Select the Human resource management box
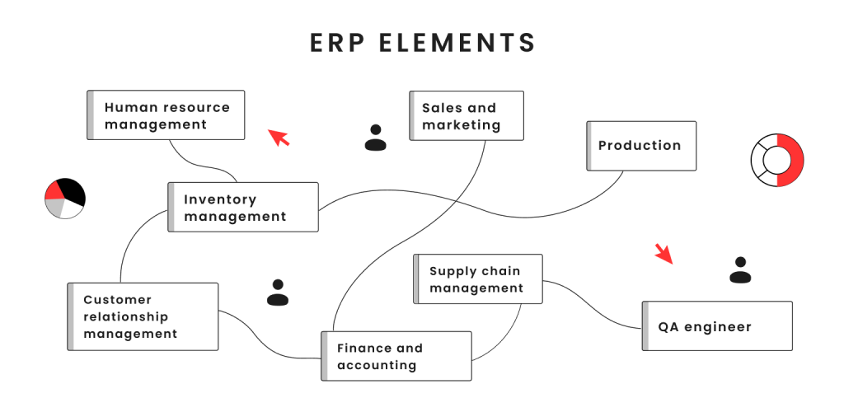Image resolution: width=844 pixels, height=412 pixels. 166,115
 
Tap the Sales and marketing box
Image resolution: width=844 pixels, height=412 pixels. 467,116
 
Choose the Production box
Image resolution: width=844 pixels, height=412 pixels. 641,146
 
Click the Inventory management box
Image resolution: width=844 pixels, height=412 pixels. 243,208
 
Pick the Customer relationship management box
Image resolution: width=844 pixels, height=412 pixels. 143,316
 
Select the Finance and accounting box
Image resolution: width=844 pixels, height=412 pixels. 396,356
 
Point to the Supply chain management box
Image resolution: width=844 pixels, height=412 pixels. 477,279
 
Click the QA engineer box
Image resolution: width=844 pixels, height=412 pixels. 716,326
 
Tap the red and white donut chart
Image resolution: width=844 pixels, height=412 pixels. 777,160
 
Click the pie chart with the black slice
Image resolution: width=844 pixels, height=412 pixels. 65,198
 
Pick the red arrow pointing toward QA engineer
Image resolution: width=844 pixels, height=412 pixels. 663,254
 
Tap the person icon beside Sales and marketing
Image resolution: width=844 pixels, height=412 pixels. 376,138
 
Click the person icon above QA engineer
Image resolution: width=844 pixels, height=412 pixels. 740,270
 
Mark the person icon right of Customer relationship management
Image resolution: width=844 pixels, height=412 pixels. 278,293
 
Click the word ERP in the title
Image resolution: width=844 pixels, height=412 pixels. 338,43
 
